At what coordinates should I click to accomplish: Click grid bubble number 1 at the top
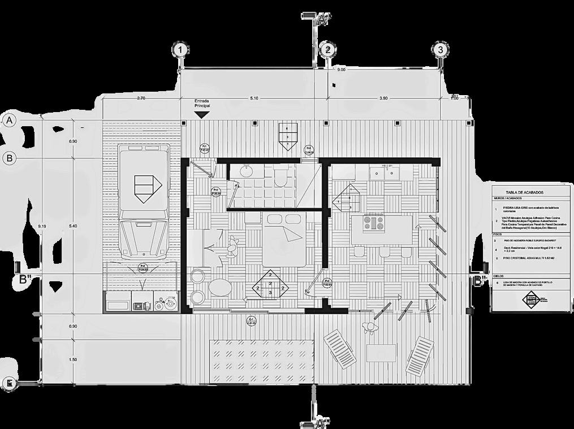(x=180, y=50)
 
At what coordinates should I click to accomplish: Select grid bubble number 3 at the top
(x=441, y=50)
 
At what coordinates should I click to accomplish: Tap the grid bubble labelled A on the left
(x=9, y=120)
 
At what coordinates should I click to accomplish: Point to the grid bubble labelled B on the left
(x=9, y=158)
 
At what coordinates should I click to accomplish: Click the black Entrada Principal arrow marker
(x=202, y=114)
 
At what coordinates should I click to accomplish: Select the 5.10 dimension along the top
(x=253, y=98)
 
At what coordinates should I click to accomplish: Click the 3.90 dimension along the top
(x=383, y=98)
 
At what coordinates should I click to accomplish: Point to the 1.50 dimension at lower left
(x=73, y=360)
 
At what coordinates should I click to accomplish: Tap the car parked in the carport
(x=144, y=204)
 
